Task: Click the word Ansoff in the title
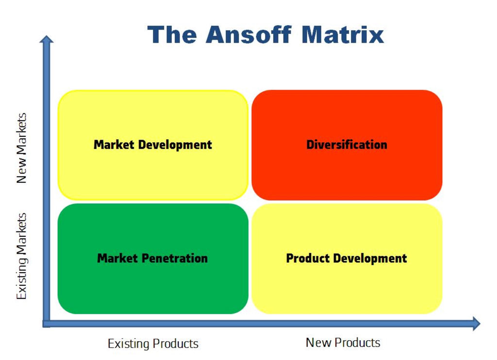(248, 34)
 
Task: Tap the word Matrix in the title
(343, 34)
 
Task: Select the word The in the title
(172, 34)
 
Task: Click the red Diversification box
(347, 145)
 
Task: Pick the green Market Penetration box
(153, 259)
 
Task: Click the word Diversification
(347, 145)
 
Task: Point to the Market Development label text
(153, 145)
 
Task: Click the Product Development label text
(347, 259)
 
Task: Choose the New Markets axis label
(21, 148)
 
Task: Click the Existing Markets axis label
(21, 256)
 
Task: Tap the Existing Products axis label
(153, 344)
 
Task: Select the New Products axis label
(343, 343)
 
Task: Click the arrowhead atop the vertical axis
(47, 39)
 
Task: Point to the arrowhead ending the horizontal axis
(477, 324)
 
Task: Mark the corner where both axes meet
(47, 324)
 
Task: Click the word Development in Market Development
(175, 145)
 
